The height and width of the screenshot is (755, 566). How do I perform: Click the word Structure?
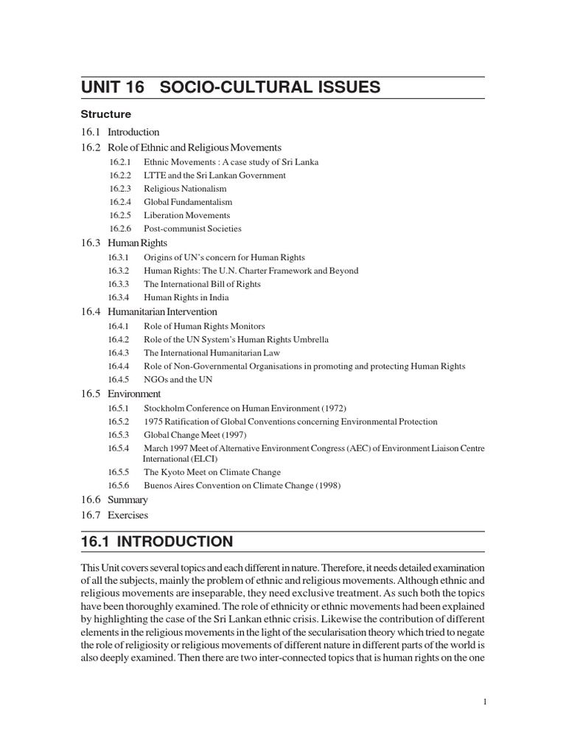[x=106, y=114]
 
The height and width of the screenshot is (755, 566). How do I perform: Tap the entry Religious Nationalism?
[x=185, y=189]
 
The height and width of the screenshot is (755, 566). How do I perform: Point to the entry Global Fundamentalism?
[x=188, y=202]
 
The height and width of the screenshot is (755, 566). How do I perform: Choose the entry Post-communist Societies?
[x=192, y=229]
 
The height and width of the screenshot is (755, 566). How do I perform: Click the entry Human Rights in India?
[x=186, y=297]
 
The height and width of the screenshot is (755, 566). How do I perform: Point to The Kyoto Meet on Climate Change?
[x=212, y=472]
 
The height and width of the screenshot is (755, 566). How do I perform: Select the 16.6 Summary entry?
[x=114, y=500]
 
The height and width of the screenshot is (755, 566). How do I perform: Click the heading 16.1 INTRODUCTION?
[x=157, y=542]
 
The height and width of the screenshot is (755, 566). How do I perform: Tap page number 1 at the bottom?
[x=483, y=702]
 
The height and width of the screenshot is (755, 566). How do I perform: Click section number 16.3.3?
[x=119, y=284]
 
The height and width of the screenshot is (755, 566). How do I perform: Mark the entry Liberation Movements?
[x=186, y=215]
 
